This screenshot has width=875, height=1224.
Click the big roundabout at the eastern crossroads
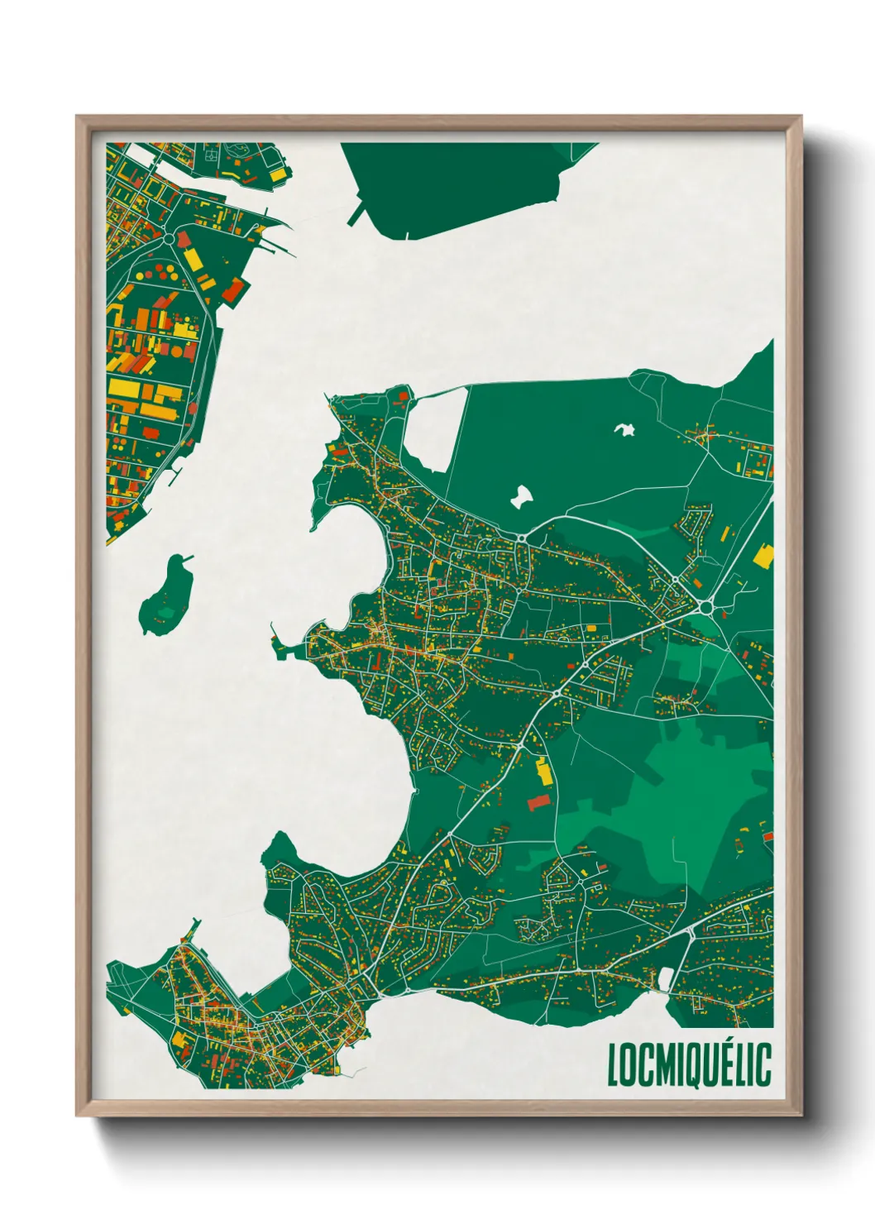point(705,607)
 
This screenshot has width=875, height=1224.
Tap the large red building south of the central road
point(538,801)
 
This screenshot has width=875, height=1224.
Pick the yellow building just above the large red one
point(543,772)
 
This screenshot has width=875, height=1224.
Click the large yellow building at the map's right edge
point(763,555)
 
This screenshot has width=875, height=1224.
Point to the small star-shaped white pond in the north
point(624,429)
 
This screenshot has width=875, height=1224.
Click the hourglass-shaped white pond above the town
point(520,496)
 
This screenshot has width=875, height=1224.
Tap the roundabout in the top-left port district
point(169,238)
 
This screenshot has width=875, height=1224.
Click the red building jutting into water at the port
point(233,290)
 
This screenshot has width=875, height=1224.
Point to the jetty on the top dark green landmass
point(358,214)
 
